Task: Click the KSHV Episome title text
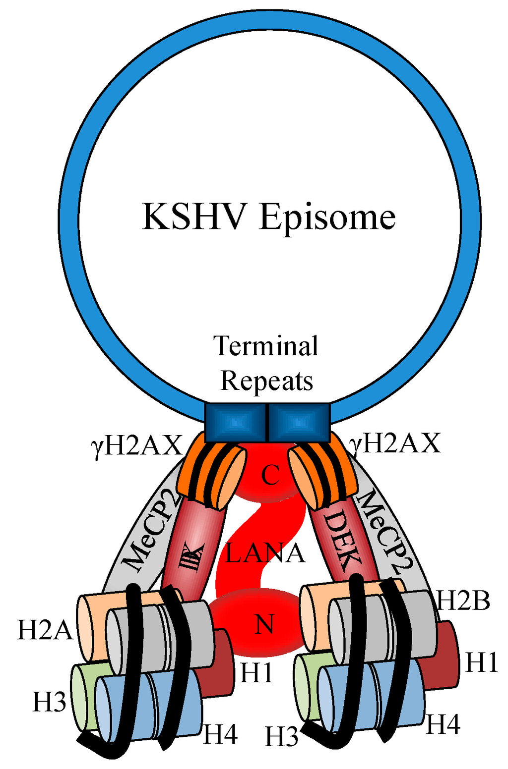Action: pyautogui.click(x=268, y=217)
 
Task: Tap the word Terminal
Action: pyautogui.click(x=266, y=346)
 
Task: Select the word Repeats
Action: pyautogui.click(x=266, y=381)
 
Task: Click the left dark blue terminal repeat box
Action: pyautogui.click(x=236, y=423)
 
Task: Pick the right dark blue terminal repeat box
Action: pyautogui.click(x=299, y=423)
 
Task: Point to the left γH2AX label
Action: pyautogui.click(x=137, y=445)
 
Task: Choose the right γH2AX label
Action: pyautogui.click(x=395, y=442)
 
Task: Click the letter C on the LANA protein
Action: pyautogui.click(x=270, y=476)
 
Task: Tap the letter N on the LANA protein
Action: pyautogui.click(x=264, y=624)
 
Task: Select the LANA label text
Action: pyautogui.click(x=264, y=553)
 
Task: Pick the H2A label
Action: pyautogui.click(x=45, y=630)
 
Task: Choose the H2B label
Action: pyautogui.click(x=462, y=601)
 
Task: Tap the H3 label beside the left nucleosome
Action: pyautogui.click(x=49, y=702)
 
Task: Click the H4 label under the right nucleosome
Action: pyautogui.click(x=443, y=724)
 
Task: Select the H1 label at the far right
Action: pyautogui.click(x=481, y=662)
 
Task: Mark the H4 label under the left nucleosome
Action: pyautogui.click(x=221, y=734)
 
